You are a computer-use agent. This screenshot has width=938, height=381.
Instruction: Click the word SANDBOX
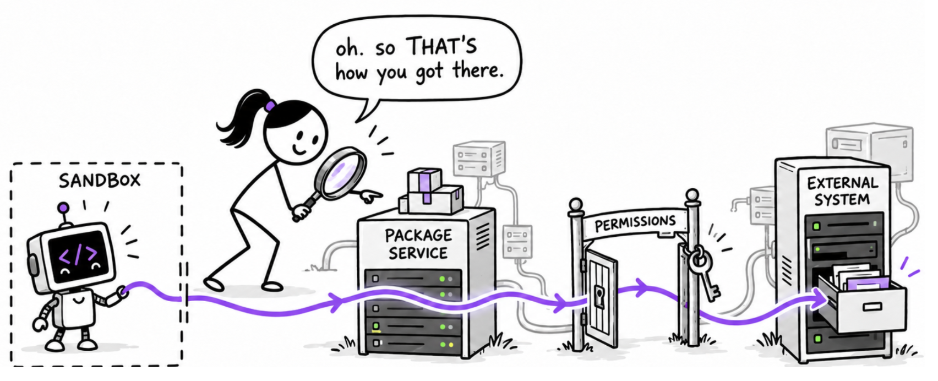click(99, 181)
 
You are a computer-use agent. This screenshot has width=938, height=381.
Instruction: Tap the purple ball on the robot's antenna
click(64, 207)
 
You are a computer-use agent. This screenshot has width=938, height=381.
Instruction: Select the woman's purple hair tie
click(270, 106)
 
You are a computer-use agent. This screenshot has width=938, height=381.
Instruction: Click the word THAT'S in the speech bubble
click(441, 46)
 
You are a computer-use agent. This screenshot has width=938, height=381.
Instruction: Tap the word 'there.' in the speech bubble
click(478, 70)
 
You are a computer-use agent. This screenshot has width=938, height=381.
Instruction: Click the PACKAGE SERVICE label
click(418, 244)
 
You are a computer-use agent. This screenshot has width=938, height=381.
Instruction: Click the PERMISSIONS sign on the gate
click(635, 222)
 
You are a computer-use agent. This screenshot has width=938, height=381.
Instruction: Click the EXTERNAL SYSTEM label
click(843, 192)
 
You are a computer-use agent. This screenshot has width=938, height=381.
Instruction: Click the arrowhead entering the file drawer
click(819, 298)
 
